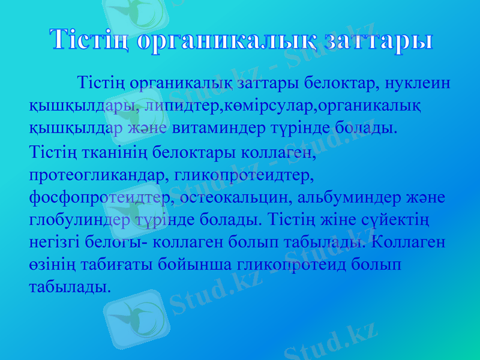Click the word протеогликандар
91,176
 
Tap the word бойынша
192,264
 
